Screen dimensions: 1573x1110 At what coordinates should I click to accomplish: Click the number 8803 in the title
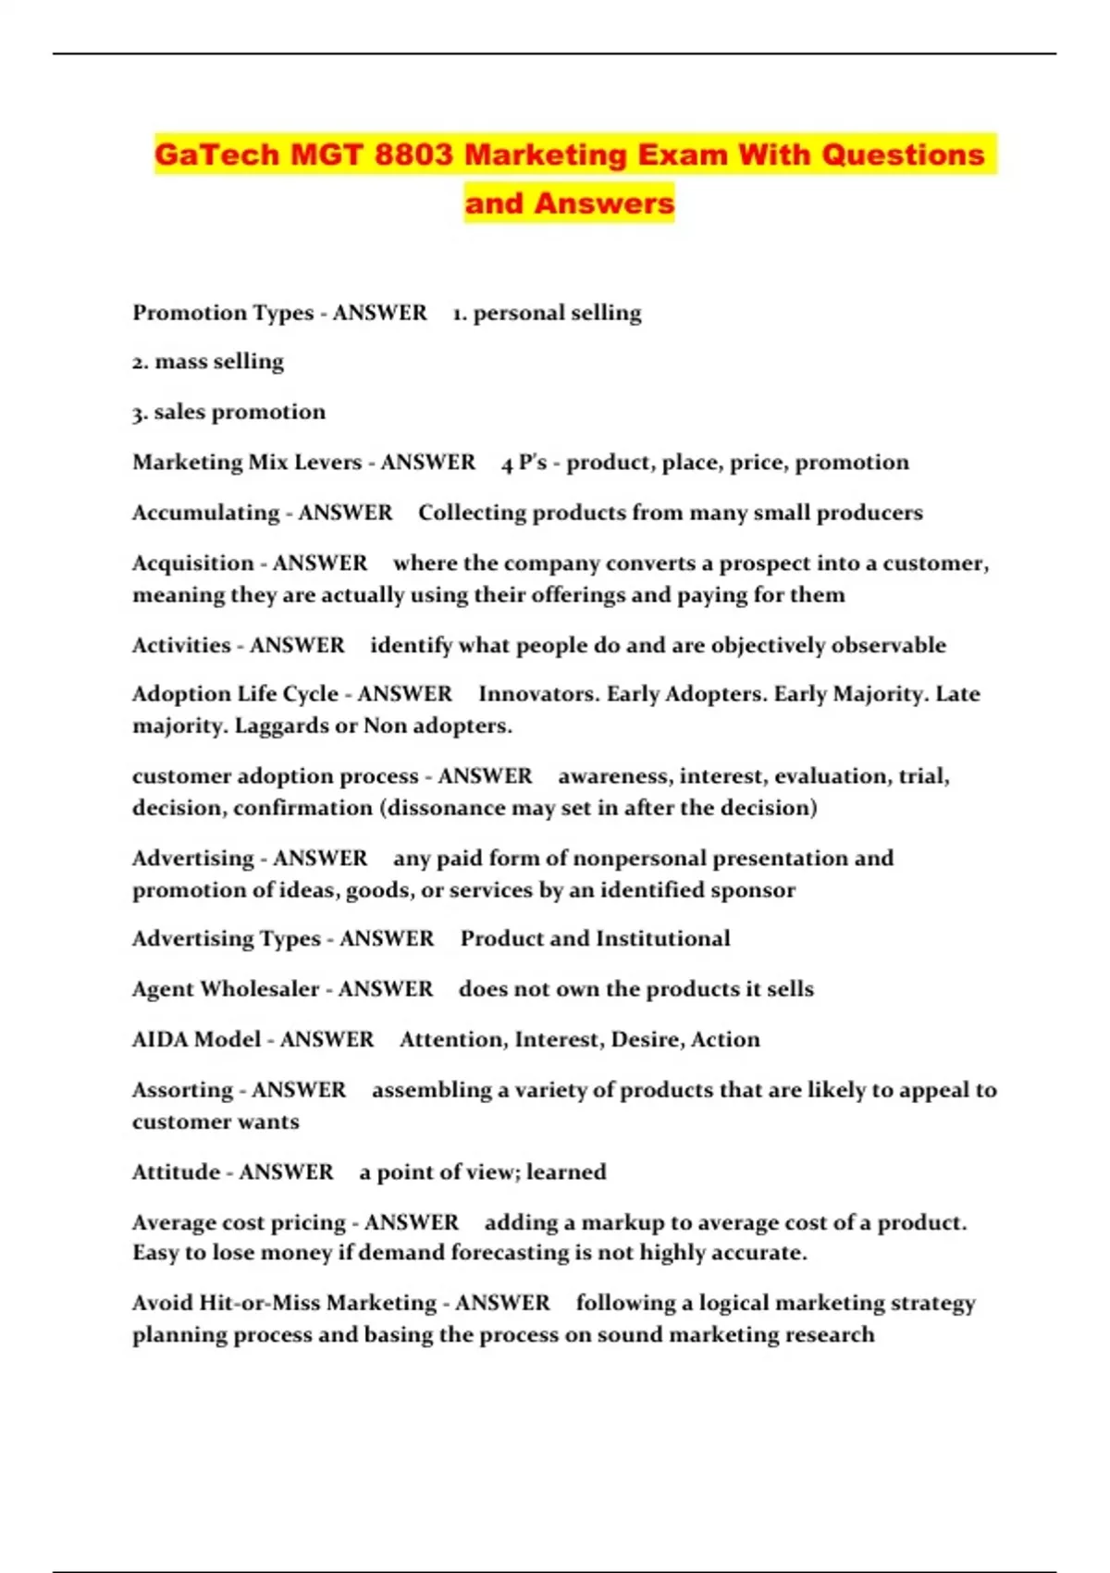pos(413,155)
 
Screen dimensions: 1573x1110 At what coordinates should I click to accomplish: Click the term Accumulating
pos(205,513)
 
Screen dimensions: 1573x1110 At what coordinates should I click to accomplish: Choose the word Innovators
pos(537,694)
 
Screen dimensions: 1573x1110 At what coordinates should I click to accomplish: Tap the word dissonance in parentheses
pos(445,808)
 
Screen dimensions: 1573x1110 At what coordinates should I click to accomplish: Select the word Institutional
pos(662,939)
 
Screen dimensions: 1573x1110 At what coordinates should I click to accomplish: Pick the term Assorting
pos(182,1090)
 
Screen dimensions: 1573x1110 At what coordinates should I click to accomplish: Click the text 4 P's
pos(524,463)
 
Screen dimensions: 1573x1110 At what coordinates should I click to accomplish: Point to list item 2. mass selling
pos(208,362)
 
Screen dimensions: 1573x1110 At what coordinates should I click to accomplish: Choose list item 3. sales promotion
pos(228,412)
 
